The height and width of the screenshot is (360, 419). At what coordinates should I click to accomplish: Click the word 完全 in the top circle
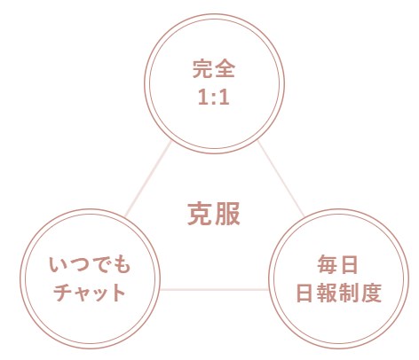pos(214,69)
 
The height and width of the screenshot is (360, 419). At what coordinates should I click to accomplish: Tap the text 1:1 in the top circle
pos(214,98)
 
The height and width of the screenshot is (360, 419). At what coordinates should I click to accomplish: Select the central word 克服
pos(214,214)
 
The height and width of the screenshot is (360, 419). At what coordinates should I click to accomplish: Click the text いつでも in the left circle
pos(90,264)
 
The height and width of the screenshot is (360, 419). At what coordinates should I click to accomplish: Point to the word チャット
pos(90,293)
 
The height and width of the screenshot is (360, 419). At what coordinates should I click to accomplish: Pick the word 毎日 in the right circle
pos(337,264)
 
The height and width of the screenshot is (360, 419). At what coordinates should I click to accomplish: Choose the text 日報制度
pos(339,293)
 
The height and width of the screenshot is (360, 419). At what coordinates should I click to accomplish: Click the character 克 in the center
pos(200,214)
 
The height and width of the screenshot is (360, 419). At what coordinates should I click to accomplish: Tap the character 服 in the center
pos(227,214)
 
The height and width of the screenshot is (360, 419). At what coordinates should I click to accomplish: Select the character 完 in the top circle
pos(202,69)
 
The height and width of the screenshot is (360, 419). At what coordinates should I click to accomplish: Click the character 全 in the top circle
pos(225,69)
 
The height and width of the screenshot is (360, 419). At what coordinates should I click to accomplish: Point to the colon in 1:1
pos(214,98)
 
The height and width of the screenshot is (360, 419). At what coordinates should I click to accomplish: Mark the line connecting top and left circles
pos(148,179)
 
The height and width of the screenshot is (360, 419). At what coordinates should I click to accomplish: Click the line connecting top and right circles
pos(281,178)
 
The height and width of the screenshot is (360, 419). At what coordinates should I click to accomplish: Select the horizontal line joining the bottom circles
pos(214,289)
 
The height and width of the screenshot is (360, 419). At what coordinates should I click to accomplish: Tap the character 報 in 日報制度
pos(328,293)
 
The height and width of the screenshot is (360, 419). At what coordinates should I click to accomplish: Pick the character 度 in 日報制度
pos(371,293)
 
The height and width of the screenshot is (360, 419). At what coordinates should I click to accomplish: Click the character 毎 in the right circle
pos(328,264)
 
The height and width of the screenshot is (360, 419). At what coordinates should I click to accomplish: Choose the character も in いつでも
pos(122,264)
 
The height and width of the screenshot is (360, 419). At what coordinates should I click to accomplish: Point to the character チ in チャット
pos(63,293)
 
